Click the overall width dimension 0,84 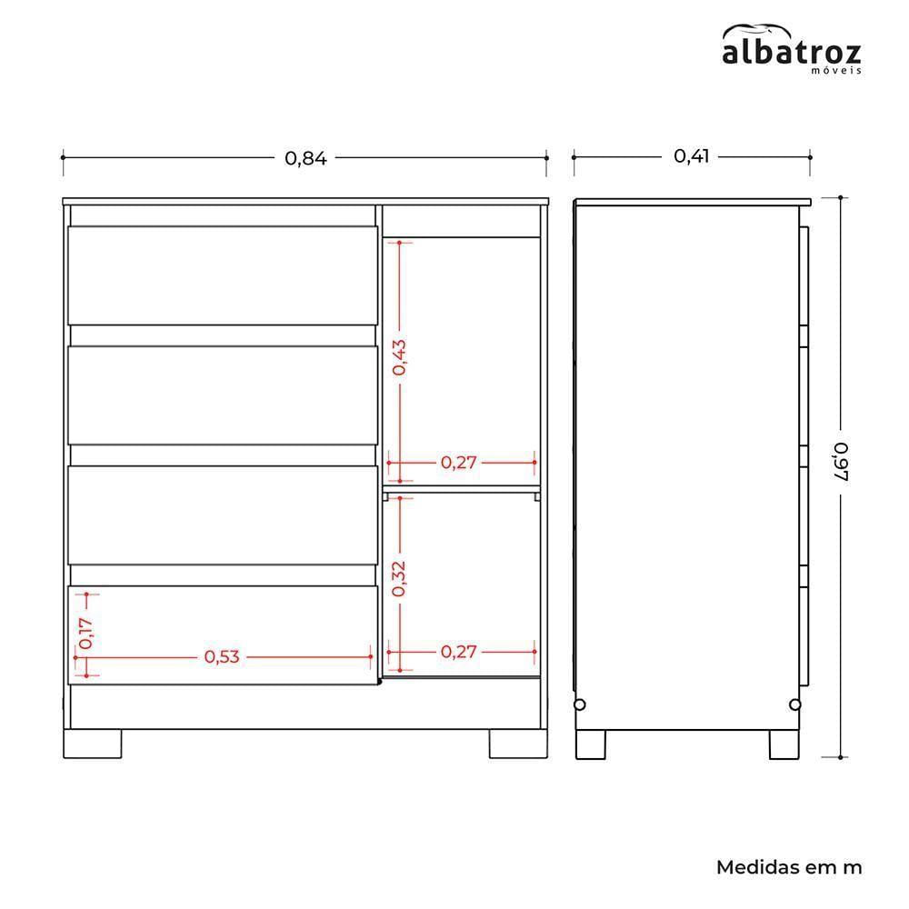pyautogui.click(x=305, y=158)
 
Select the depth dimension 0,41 pyautogui.click(x=691, y=156)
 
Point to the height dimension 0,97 pyautogui.click(x=841, y=462)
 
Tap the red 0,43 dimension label pyautogui.click(x=399, y=357)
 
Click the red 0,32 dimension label pyautogui.click(x=399, y=578)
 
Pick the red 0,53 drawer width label pyautogui.click(x=222, y=657)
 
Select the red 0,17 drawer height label pyautogui.click(x=85, y=633)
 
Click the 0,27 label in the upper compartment pyautogui.click(x=458, y=463)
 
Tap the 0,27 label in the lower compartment pyautogui.click(x=458, y=652)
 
